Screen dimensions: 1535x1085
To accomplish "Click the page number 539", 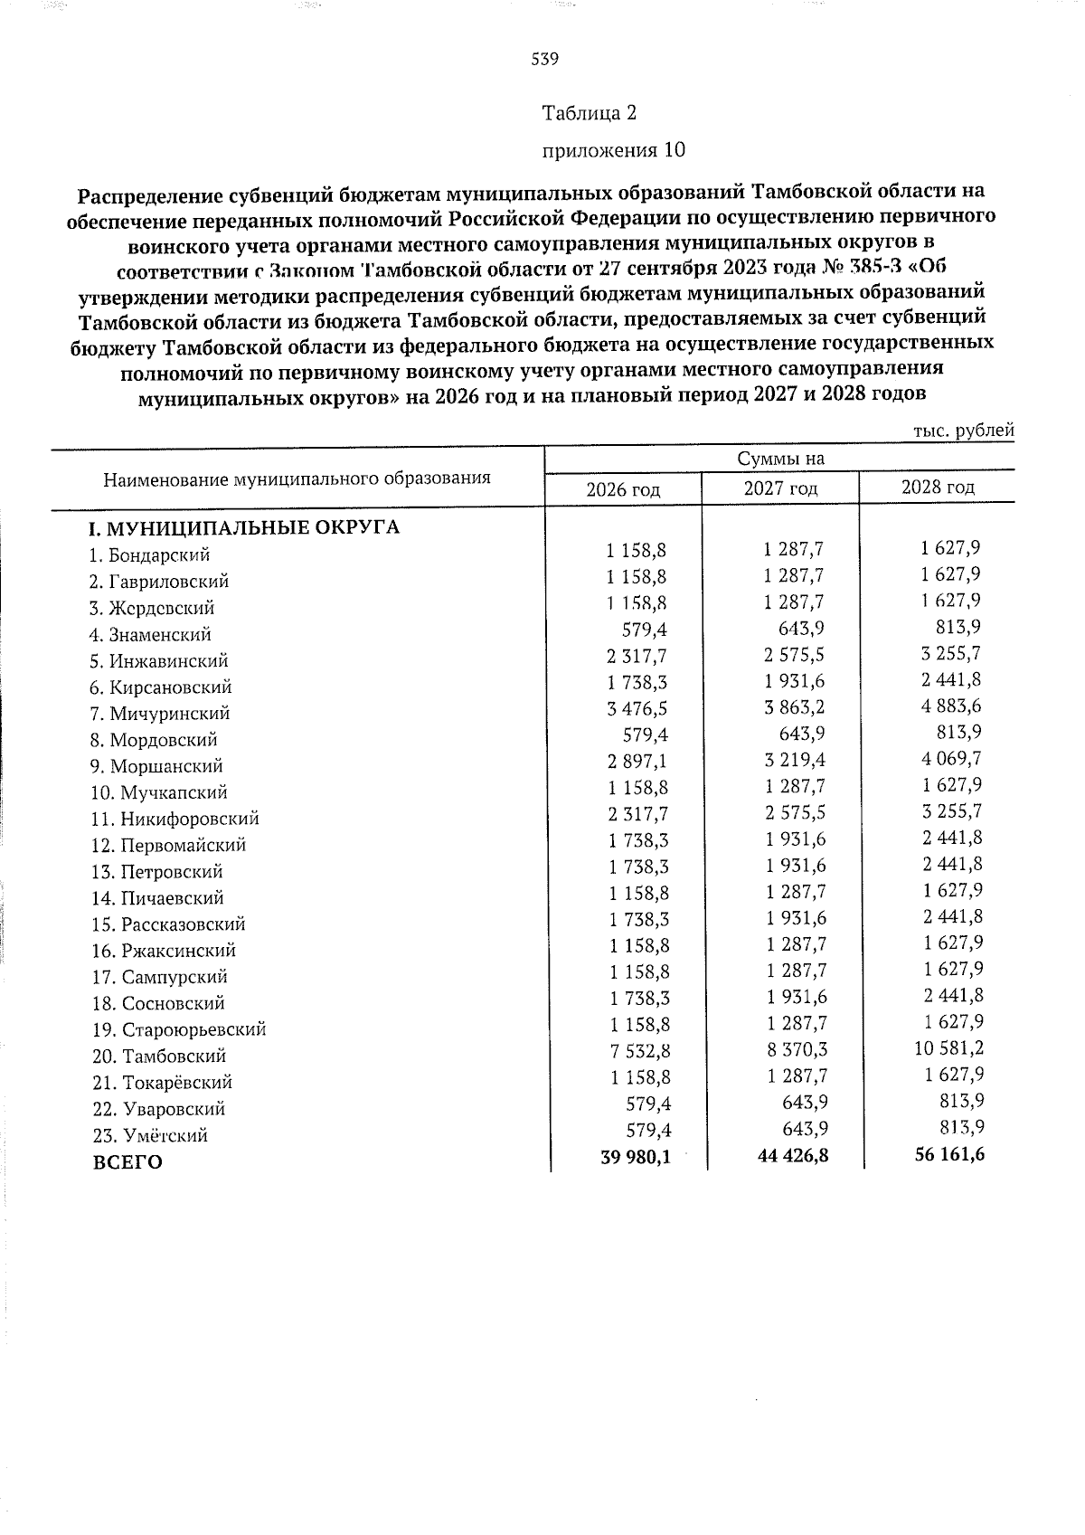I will tap(544, 60).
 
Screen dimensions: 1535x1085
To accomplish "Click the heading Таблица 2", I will tap(589, 113).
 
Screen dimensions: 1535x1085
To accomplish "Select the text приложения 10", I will tap(612, 150).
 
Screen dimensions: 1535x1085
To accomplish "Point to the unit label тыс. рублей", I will tap(963, 431).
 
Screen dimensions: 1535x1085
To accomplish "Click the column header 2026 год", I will tap(623, 490).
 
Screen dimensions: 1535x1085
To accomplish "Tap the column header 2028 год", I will tap(938, 488).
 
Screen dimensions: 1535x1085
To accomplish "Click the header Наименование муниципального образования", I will tap(297, 479).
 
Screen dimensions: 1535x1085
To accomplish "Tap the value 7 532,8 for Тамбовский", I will tap(637, 1051).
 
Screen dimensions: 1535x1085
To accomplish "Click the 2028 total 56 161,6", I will tap(948, 1154).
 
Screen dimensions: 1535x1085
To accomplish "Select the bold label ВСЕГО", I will tap(127, 1163).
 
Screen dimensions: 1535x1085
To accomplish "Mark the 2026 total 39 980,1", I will tap(635, 1157).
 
